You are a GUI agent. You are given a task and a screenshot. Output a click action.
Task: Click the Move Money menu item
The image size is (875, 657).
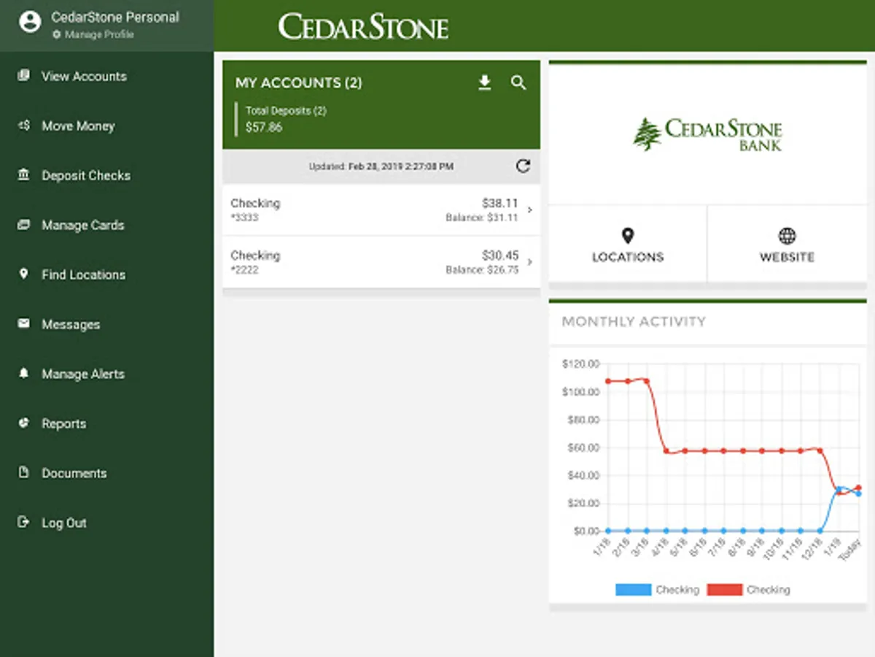(x=77, y=126)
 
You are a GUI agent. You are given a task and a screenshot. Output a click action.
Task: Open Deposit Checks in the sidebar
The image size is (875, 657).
(x=85, y=176)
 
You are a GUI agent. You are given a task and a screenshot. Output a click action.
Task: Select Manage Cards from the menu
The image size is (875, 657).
(x=82, y=226)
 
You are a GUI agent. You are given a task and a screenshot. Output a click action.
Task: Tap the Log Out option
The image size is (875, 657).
(x=63, y=523)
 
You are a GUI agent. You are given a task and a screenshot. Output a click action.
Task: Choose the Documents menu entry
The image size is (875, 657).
(x=74, y=474)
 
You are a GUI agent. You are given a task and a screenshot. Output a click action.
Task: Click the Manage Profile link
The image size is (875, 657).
(x=98, y=35)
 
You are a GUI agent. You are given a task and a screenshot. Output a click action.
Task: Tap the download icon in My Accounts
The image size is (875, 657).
(x=485, y=83)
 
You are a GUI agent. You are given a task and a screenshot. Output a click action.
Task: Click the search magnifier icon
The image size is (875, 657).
(x=518, y=83)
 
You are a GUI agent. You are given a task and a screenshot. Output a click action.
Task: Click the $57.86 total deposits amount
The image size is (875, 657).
(x=264, y=127)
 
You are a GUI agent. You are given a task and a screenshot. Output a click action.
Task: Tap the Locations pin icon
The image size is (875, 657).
(x=628, y=236)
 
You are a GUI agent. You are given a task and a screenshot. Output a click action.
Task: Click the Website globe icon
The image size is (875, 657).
(x=787, y=236)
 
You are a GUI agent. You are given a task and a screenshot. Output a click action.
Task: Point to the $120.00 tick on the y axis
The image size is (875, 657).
(x=581, y=364)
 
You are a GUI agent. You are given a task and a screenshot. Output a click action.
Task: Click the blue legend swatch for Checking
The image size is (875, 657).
(x=633, y=590)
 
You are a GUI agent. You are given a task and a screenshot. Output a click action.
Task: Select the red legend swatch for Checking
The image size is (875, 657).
(x=724, y=590)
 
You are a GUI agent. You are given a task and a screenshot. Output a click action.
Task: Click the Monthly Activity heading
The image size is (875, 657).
(x=634, y=322)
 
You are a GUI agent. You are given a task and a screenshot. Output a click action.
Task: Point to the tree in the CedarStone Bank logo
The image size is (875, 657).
(x=647, y=134)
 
